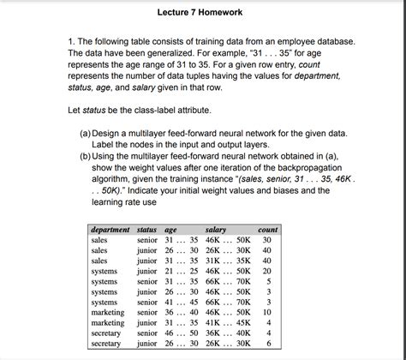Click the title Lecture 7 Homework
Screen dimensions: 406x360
click(202, 13)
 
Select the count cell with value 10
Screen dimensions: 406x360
click(268, 313)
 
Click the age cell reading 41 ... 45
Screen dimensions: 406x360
click(181, 302)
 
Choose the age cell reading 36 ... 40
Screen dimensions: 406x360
click(181, 313)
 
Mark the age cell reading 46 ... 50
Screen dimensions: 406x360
click(181, 334)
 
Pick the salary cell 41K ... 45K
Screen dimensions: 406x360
click(227, 323)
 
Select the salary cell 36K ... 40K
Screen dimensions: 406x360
click(227, 334)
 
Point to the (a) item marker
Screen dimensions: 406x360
click(83, 134)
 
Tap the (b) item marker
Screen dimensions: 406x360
click(83, 146)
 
